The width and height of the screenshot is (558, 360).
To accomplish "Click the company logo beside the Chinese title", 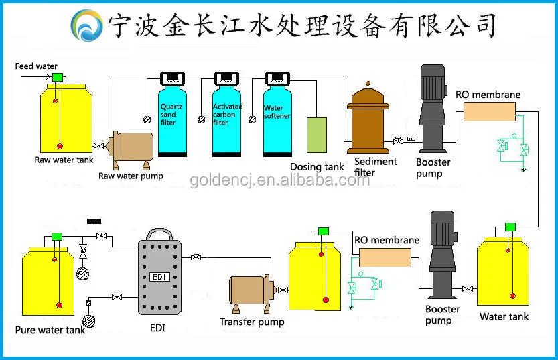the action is (87, 25).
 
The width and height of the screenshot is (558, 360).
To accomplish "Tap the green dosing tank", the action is (317, 135).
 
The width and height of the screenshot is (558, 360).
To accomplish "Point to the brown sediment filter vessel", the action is (368, 119).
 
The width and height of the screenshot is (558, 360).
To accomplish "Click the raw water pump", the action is (131, 150).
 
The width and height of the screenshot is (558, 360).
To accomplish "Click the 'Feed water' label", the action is (36, 66).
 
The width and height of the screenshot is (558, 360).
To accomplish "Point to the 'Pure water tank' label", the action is (50, 330).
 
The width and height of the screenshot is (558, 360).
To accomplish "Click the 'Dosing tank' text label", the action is (317, 167).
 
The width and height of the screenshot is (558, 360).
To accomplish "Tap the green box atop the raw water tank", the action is (58, 77).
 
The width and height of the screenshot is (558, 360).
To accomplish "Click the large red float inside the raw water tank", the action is (60, 146).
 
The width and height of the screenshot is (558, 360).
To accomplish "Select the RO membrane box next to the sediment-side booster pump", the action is (490, 111).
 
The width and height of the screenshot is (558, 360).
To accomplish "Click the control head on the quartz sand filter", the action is (173, 78).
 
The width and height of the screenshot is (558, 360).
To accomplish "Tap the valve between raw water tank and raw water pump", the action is (98, 146).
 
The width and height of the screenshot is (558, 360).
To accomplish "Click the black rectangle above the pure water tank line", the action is (94, 221).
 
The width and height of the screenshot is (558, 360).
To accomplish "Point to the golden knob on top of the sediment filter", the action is (368, 84).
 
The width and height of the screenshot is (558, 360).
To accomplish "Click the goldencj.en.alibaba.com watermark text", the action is (280, 180).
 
